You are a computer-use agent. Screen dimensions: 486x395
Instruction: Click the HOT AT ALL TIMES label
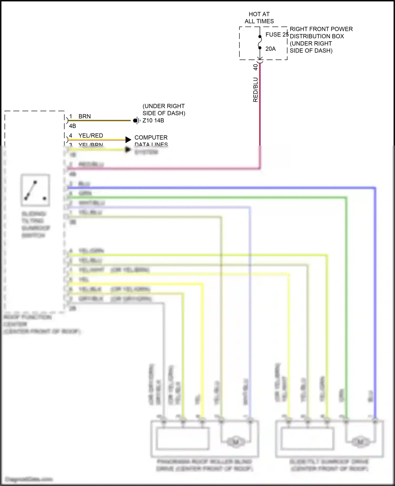[259, 18]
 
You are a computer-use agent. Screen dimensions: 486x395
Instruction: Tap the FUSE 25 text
[277, 34]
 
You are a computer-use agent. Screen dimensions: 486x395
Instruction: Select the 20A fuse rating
[270, 49]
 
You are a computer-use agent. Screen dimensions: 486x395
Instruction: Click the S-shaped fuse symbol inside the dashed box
[260, 42]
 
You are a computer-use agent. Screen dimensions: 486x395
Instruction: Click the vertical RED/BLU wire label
[255, 90]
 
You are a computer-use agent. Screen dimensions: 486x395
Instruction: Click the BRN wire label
[85, 116]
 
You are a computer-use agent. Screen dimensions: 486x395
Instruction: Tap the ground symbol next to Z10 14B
[136, 121]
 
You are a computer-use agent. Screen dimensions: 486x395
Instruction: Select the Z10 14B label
[153, 121]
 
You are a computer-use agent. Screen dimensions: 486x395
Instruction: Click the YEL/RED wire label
[91, 136]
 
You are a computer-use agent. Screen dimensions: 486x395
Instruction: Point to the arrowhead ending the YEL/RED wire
[128, 140]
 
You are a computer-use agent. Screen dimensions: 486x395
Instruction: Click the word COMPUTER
[151, 137]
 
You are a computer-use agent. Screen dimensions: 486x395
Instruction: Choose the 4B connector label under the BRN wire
[72, 126]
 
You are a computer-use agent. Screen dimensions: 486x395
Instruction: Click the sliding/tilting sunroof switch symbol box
[35, 190]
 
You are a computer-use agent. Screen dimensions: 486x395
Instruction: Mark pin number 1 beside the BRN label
[71, 116]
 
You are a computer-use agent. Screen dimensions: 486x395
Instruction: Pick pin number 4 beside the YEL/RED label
[71, 136]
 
